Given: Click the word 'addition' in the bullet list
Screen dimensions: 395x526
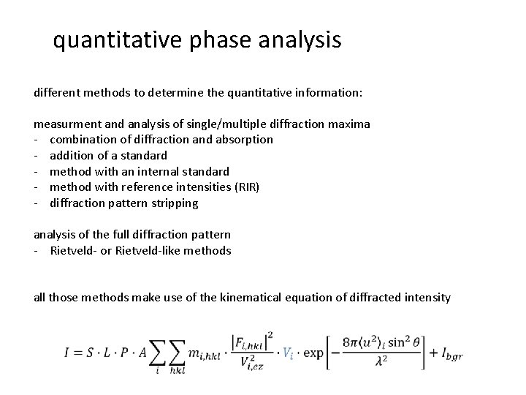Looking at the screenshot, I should click(x=72, y=155).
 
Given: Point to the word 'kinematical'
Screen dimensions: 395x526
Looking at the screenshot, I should click(x=254, y=298).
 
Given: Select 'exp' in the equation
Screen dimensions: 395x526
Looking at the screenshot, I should click(x=313, y=353).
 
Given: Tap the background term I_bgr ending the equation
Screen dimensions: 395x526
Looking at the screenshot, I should click(x=449, y=355).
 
